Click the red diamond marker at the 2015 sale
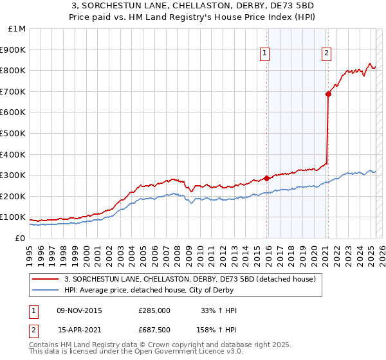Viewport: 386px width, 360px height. pyautogui.click(x=266, y=179)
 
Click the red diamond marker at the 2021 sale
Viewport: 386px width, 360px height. pyautogui.click(x=328, y=94)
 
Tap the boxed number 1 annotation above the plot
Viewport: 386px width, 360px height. pyautogui.click(x=265, y=53)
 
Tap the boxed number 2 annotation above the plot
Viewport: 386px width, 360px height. pyautogui.click(x=327, y=53)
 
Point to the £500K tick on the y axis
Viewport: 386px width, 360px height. pyautogui.click(x=12, y=133)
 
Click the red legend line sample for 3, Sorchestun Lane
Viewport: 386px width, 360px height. pyautogui.click(x=45, y=279)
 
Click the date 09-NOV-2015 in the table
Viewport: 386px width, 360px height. pyautogui.click(x=80, y=310)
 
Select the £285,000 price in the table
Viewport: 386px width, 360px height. pyautogui.click(x=154, y=310)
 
